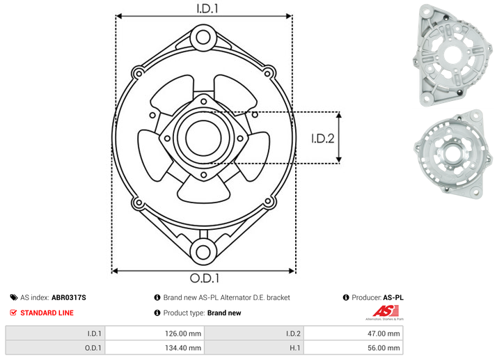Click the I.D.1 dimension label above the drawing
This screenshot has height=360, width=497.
207,8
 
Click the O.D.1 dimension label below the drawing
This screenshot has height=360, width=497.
205,278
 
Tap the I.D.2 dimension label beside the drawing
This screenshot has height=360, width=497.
323,139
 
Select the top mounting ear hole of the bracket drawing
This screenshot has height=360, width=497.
203,38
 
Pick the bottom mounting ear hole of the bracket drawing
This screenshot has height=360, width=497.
203,253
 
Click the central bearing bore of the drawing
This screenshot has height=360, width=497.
203,138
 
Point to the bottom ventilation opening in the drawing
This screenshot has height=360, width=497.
203,190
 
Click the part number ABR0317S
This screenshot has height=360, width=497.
69,297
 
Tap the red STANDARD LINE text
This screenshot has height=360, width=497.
47,313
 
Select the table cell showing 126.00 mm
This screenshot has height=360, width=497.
155,334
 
